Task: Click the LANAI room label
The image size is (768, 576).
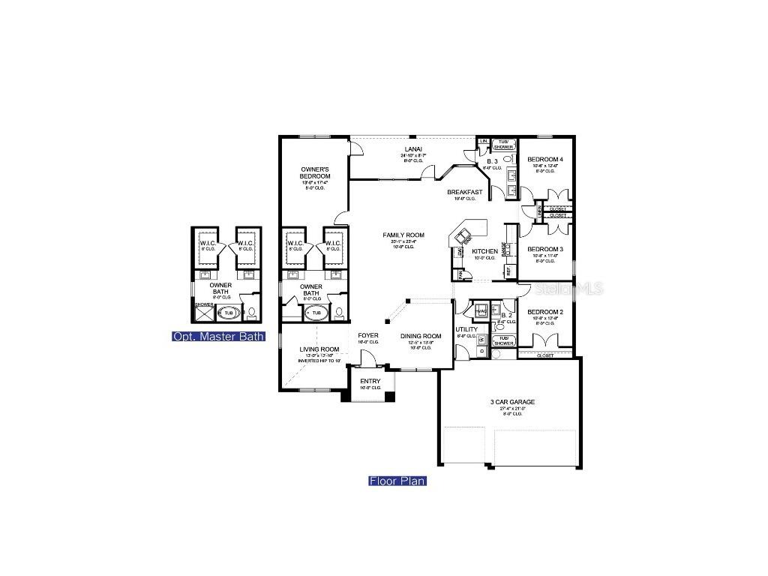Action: (x=412, y=149)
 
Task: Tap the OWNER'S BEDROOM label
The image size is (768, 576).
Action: (x=316, y=173)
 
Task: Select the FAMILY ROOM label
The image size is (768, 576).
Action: (x=403, y=235)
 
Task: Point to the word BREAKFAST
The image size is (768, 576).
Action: (x=465, y=192)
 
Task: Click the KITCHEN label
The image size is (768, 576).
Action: (x=484, y=251)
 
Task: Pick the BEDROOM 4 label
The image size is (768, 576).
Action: (x=544, y=160)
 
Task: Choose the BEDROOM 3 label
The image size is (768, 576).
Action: (x=544, y=249)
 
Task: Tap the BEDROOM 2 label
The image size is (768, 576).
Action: (x=544, y=311)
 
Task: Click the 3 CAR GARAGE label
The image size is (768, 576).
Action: (x=513, y=402)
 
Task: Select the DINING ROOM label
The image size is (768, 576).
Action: (x=421, y=336)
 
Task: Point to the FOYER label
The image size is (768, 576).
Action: (x=368, y=335)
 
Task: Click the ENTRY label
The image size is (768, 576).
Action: (x=370, y=382)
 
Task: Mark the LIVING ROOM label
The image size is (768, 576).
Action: (x=320, y=349)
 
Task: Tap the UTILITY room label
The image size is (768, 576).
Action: (x=466, y=329)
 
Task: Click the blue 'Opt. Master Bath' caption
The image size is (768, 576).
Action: (x=218, y=337)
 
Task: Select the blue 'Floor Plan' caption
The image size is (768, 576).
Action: (x=397, y=481)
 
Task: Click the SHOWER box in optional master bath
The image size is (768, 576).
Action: (x=204, y=311)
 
